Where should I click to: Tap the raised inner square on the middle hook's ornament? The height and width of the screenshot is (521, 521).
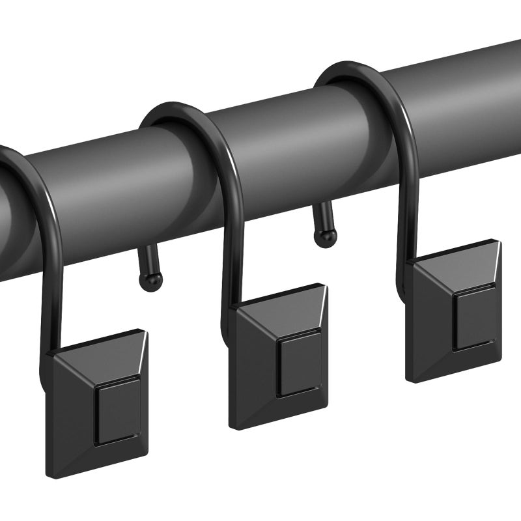pyautogui.click(x=298, y=365)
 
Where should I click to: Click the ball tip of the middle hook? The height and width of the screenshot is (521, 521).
pyautogui.click(x=151, y=281)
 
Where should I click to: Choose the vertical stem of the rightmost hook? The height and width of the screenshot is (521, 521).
pyautogui.click(x=404, y=215)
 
